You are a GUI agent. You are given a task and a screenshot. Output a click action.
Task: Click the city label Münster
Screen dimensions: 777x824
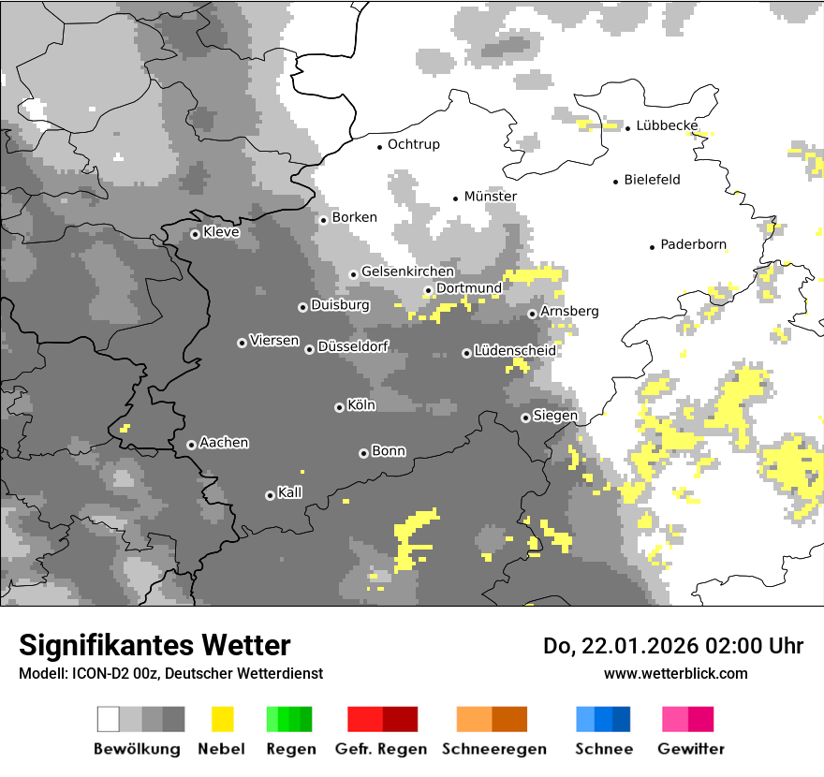click(491, 197)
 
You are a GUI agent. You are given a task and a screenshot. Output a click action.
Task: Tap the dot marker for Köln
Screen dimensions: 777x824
click(339, 407)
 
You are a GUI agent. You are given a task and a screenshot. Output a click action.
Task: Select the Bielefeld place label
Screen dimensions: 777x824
click(652, 180)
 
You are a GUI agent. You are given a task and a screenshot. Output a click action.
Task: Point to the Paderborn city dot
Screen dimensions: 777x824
click(652, 247)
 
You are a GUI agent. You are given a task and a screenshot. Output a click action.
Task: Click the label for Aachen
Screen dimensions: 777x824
click(224, 443)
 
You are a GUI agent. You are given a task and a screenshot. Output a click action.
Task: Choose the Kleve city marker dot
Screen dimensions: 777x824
click(195, 234)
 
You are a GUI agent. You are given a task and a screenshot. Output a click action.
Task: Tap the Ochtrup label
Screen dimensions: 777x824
click(413, 145)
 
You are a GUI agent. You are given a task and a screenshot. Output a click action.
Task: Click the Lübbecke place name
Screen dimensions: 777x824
click(667, 125)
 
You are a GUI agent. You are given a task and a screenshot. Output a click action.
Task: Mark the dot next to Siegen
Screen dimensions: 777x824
click(525, 418)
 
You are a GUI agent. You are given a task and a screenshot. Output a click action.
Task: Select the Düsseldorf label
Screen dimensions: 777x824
click(352, 346)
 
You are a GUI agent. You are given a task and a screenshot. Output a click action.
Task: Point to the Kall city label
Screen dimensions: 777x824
click(289, 492)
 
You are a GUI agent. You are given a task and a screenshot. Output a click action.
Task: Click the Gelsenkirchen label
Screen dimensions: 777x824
click(407, 271)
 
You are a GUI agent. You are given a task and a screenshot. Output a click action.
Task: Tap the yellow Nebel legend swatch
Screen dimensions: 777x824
click(222, 719)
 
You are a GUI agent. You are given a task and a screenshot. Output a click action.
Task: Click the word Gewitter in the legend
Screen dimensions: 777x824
click(690, 749)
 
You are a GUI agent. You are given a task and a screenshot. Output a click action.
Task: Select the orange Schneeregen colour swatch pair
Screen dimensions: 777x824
click(492, 719)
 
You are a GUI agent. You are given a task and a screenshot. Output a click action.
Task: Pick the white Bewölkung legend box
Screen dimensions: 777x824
click(109, 719)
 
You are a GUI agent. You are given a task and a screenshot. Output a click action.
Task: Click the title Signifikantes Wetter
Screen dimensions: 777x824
click(154, 645)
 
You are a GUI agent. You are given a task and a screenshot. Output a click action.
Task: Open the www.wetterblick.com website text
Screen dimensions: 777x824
click(675, 673)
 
